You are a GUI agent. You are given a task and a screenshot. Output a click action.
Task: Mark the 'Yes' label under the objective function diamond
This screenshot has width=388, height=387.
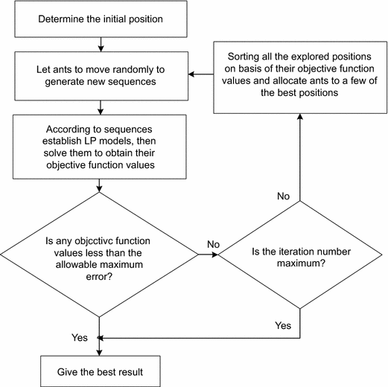tap(79, 336)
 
